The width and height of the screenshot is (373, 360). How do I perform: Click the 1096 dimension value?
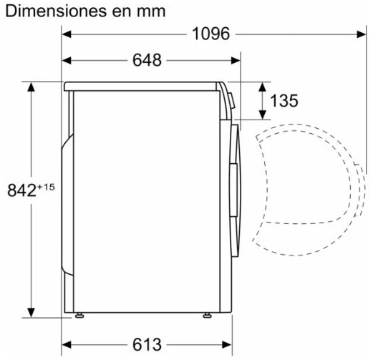[x=210, y=34]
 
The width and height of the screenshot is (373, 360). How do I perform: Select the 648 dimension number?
[x=147, y=60]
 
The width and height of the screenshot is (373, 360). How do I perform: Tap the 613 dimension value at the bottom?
[x=147, y=344]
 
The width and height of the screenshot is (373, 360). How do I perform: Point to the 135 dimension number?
[x=284, y=100]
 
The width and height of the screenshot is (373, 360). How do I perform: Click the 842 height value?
[x=21, y=190]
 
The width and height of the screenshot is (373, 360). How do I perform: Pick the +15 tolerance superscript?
[x=46, y=187]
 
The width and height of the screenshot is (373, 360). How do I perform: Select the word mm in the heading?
[x=151, y=12]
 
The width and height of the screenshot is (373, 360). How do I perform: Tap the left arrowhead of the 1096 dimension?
[x=67, y=34]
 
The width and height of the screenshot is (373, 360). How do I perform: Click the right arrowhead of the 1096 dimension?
[x=362, y=34]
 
